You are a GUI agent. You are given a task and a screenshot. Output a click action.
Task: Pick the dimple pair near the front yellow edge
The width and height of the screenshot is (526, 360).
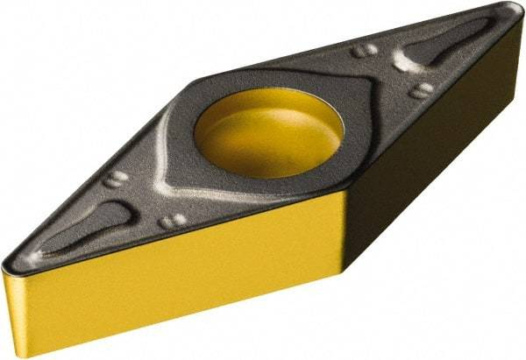pyautogui.click(x=172, y=221)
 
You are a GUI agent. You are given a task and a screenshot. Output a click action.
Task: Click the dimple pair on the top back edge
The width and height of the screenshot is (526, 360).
pyautogui.click(x=365, y=51)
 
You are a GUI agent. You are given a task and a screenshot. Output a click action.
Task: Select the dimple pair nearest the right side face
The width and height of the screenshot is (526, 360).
pyautogui.click(x=422, y=90)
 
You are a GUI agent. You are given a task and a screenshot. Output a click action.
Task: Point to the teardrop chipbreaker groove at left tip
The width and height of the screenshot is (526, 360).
pyautogui.click(x=83, y=232)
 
